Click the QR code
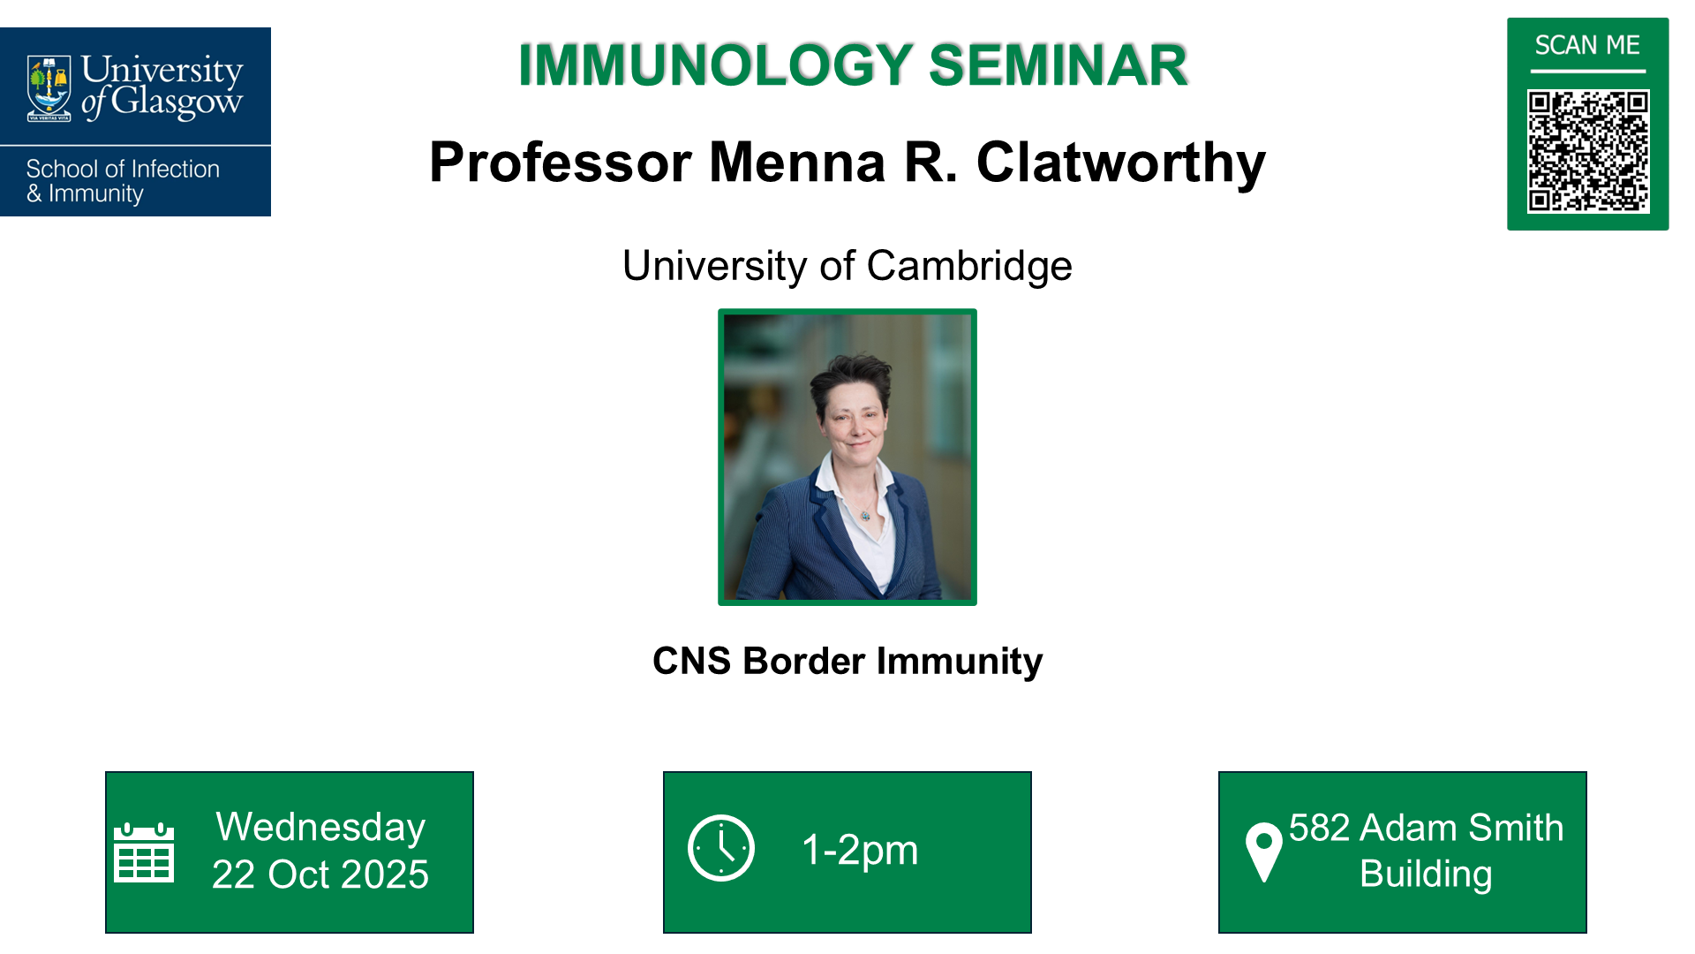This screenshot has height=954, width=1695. [1587, 151]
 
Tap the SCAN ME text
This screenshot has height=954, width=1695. [1587, 45]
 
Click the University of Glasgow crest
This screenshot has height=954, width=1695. [49, 88]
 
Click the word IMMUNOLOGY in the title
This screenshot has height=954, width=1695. [715, 65]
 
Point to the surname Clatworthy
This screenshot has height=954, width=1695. [1120, 163]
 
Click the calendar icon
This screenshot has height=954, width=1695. [144, 852]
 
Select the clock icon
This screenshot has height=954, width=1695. [721, 848]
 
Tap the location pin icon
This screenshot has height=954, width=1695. [1263, 851]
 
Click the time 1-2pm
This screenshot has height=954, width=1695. [860, 850]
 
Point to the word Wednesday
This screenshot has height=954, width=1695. [320, 828]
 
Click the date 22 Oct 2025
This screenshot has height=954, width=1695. [320, 874]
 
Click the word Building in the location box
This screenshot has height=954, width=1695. [1426, 874]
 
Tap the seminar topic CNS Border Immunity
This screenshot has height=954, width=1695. [847, 661]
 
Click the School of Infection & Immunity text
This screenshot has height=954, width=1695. [123, 181]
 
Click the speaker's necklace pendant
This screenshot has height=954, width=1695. [865, 515]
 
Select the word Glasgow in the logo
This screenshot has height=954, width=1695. [177, 102]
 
